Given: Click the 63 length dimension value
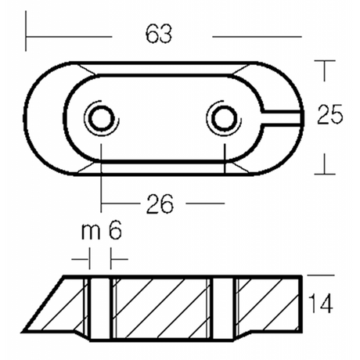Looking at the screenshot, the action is (x=159, y=34).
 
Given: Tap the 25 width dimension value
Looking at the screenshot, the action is (x=329, y=114).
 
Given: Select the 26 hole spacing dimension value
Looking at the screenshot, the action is (x=160, y=204).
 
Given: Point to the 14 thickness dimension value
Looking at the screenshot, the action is (x=321, y=303).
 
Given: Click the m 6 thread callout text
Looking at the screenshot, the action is (x=102, y=231).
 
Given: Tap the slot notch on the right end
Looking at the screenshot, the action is (x=283, y=118).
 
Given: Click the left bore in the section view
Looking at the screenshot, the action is (x=100, y=308).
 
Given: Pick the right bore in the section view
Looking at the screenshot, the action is (x=225, y=308).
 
